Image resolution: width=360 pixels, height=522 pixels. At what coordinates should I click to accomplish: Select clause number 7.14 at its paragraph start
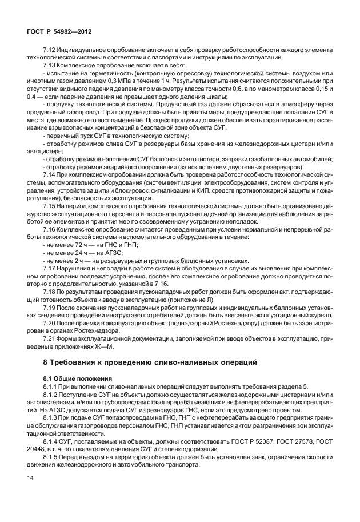click(x=50, y=173)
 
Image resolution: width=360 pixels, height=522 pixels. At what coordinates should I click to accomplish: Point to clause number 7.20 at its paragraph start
click(x=50, y=323)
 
